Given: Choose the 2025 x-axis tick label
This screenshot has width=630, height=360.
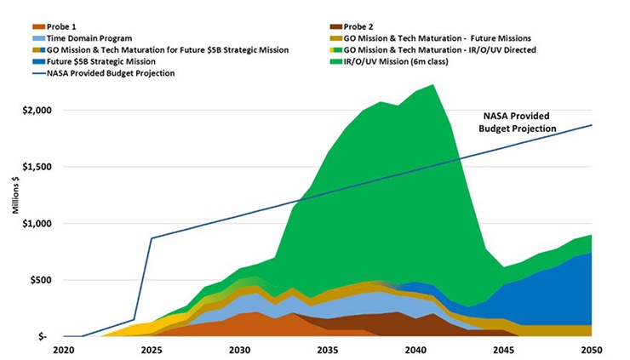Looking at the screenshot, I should click(152, 350).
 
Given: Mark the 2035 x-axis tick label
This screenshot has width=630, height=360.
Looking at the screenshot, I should click(328, 350).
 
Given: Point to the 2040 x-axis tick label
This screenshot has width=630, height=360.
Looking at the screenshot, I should click(416, 350).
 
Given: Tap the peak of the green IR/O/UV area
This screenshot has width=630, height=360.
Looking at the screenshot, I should click(433, 84).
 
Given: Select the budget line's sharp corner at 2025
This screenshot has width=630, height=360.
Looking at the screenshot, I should click(152, 238).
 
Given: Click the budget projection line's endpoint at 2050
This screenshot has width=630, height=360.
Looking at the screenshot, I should click(592, 125).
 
